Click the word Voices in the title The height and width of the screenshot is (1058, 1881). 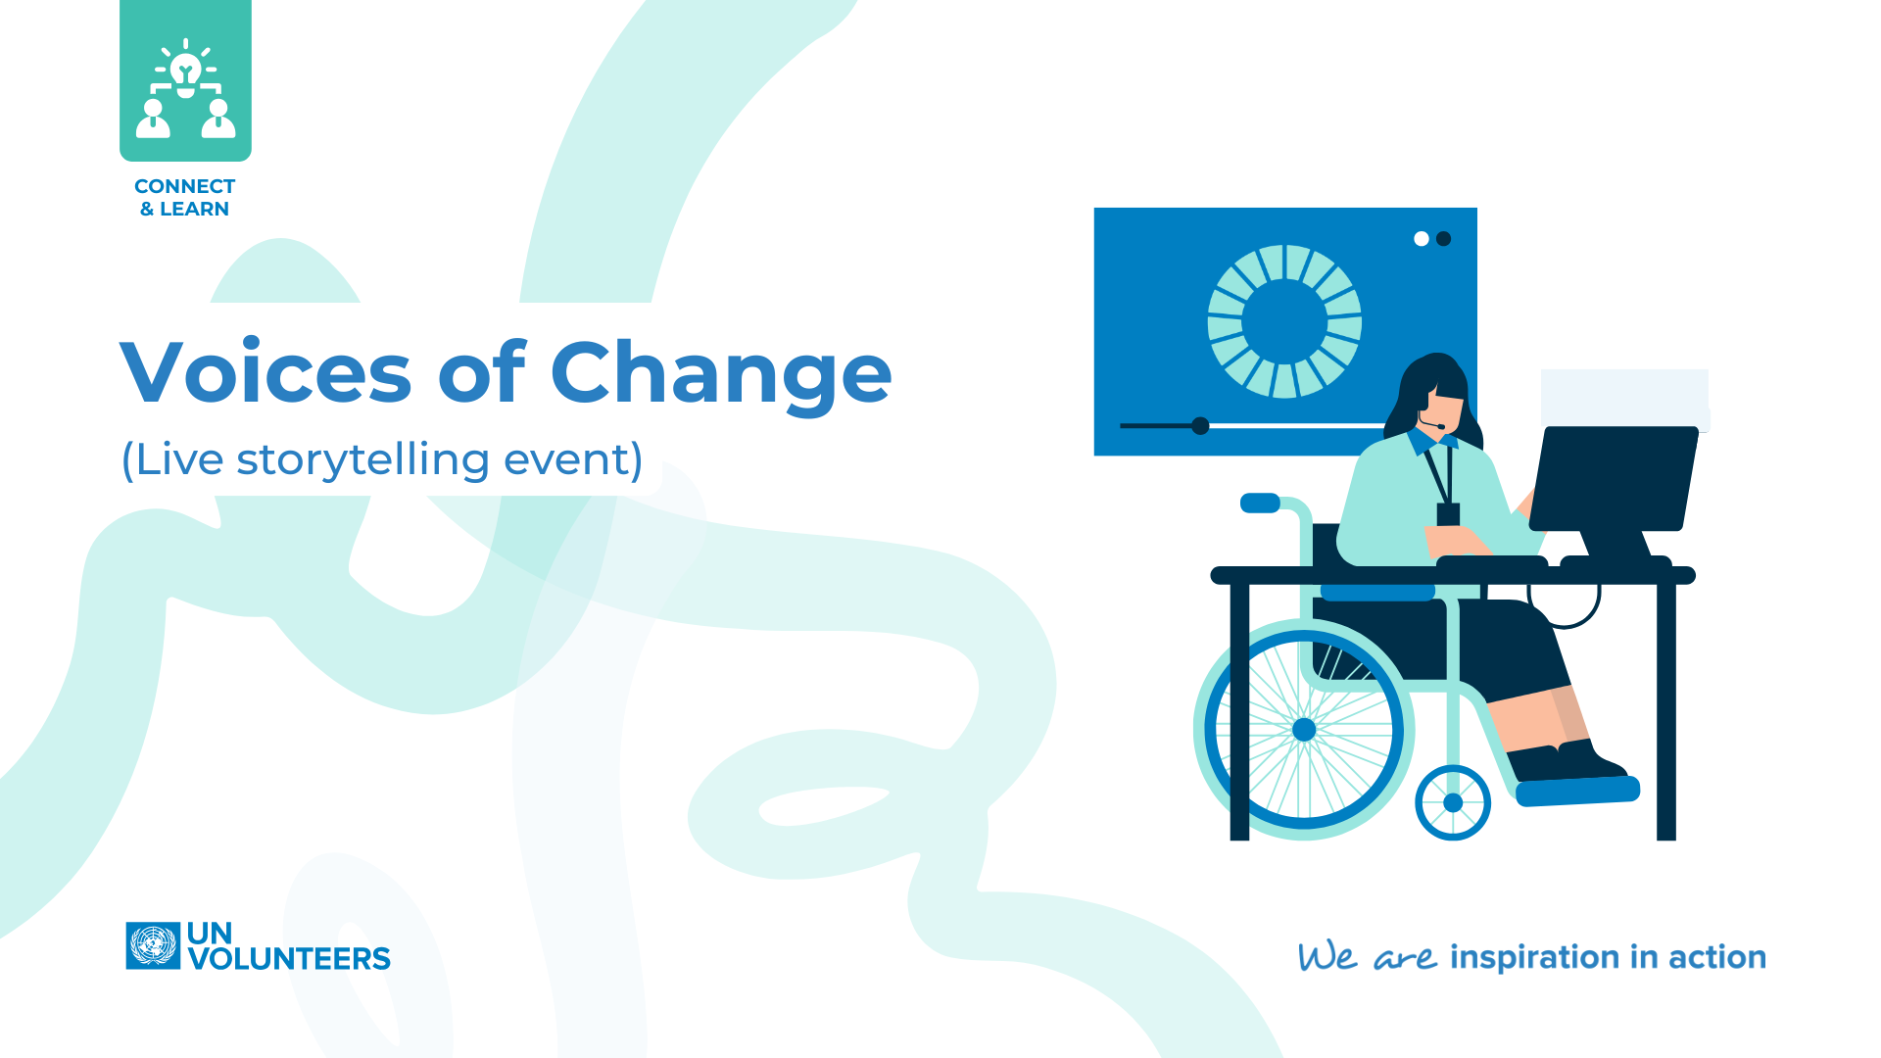pos(265,372)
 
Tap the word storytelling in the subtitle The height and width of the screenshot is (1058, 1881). pos(362,459)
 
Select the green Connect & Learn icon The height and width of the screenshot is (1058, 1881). pos(185,80)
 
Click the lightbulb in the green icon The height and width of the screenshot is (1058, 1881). pos(185,70)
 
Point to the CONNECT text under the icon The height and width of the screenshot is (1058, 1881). pos(184,186)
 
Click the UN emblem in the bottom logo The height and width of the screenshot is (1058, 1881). pos(153,945)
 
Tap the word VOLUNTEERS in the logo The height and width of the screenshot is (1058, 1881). pos(289,958)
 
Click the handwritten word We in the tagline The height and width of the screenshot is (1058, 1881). pos(1327,957)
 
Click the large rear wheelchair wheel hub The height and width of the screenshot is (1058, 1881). pos(1304,729)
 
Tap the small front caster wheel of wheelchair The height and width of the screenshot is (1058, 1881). pos(1453,802)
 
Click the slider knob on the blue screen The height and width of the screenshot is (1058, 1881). pos(1200,425)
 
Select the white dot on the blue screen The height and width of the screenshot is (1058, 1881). pos(1421,238)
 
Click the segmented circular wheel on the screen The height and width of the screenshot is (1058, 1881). pos(1284,321)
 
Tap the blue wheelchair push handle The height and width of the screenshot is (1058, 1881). pos(1260,503)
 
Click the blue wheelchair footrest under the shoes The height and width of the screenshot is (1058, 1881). pos(1577,791)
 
